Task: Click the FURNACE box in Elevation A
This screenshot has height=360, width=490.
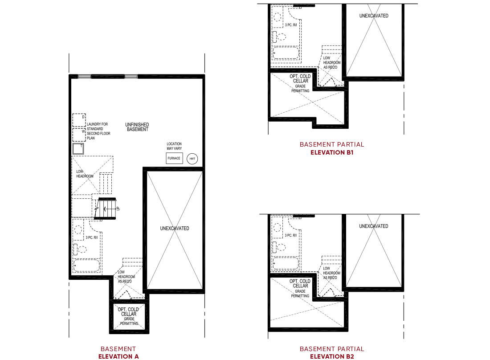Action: [174, 158]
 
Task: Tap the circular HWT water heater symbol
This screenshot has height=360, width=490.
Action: [192, 159]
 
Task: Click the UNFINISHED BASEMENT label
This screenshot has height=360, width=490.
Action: [137, 127]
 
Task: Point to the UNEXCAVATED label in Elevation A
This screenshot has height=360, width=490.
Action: [175, 228]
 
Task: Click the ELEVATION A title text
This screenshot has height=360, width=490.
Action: [118, 356]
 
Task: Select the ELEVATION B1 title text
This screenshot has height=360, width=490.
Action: [331, 152]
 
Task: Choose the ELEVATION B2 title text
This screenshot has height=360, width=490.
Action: [331, 356]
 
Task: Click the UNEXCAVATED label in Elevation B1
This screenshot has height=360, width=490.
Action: [374, 16]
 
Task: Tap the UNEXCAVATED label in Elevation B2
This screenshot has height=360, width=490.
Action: [374, 226]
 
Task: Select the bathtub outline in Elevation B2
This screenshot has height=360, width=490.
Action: [286, 263]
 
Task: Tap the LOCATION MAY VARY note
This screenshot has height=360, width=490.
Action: [174, 146]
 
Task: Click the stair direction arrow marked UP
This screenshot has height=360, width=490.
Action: [107, 208]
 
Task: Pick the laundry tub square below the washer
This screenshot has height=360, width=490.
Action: [78, 149]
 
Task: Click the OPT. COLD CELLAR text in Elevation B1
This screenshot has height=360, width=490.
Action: [300, 79]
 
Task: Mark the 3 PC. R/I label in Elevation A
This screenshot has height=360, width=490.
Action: [92, 237]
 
